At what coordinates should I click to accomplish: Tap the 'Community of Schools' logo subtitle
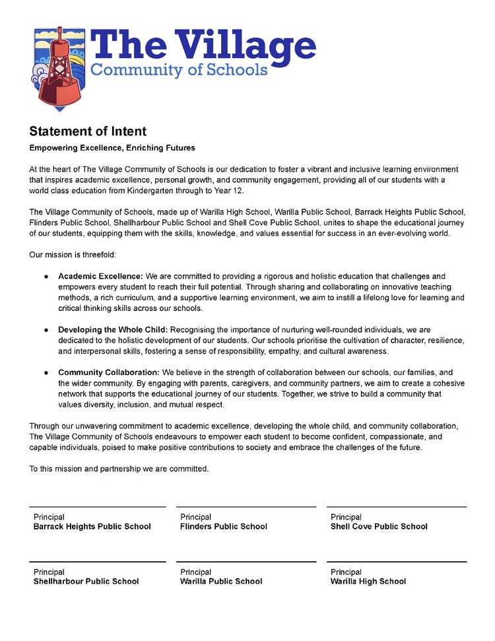(x=179, y=70)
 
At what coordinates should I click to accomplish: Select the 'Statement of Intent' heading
(x=88, y=131)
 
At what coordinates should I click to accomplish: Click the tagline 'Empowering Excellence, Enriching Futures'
(x=112, y=148)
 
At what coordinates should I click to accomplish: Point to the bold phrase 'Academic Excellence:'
(x=100, y=276)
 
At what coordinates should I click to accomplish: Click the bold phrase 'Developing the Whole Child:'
(x=113, y=329)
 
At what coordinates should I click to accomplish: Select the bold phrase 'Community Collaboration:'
(x=108, y=373)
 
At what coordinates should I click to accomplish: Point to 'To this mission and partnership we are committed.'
(x=119, y=469)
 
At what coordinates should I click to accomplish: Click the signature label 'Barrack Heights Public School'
(x=92, y=527)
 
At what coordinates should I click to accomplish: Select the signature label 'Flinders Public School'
(x=224, y=527)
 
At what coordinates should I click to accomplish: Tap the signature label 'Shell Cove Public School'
(x=379, y=527)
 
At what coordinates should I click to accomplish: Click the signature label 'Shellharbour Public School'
(x=86, y=582)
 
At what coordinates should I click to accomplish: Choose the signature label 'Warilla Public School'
(x=221, y=582)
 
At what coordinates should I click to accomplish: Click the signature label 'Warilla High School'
(x=368, y=582)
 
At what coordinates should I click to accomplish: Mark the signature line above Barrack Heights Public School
(x=98, y=507)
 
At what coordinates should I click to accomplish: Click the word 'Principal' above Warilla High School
(x=346, y=572)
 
